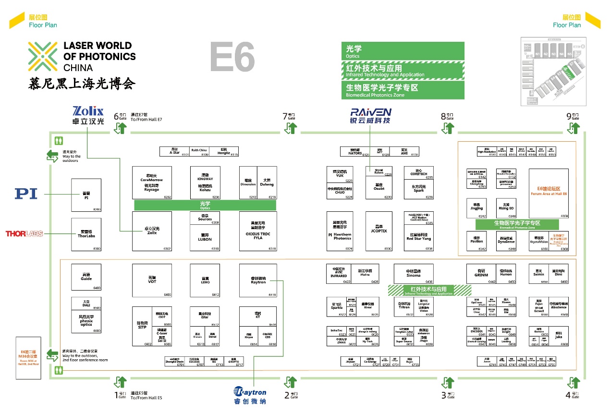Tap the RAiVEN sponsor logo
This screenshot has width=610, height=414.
tap(370, 115)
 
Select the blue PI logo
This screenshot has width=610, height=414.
tap(26, 194)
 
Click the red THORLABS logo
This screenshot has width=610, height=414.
tap(24, 234)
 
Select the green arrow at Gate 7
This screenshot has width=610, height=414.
tap(291, 128)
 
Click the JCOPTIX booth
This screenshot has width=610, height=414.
tap(378, 231)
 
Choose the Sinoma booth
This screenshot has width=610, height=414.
tap(413, 274)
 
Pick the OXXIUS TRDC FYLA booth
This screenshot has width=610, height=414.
tap(258, 231)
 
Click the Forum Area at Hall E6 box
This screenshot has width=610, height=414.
tap(549, 193)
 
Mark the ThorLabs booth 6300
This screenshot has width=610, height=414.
tap(86, 234)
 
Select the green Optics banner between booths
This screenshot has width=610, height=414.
tap(205, 205)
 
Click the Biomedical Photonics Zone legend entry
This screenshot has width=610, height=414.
tap(403, 90)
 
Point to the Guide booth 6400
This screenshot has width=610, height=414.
tap(86, 277)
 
